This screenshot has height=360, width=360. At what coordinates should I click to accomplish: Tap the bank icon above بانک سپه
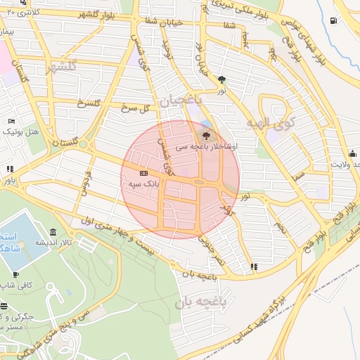tap(143, 173)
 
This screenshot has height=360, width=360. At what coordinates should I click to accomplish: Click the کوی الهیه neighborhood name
tap(272, 123)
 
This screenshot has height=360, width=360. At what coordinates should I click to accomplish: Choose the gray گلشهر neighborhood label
tap(60, 67)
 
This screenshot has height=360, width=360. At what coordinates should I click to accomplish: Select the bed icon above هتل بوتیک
tap(11, 122)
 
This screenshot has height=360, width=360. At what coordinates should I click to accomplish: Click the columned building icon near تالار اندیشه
tap(53, 233)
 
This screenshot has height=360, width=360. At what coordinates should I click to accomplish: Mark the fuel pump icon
tap(333, 20)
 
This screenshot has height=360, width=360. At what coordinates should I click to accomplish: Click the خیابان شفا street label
tap(148, 21)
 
